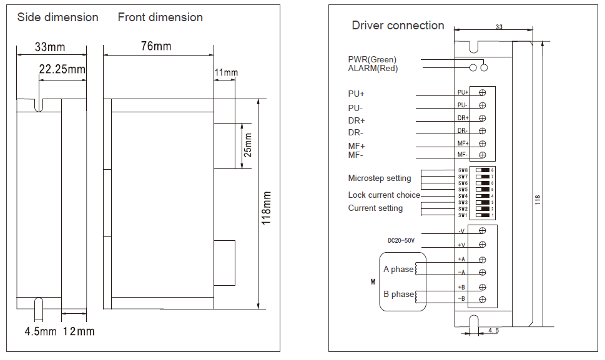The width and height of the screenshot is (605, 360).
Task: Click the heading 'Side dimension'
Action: [x=57, y=17]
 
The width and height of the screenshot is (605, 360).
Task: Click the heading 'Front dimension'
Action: [x=160, y=17]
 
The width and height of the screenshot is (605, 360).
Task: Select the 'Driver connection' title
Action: [x=398, y=26]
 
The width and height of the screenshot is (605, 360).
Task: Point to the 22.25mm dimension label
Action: [x=62, y=69]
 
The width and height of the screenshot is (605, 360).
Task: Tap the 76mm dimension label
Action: [x=156, y=46]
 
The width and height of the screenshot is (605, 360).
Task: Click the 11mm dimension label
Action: [x=226, y=73]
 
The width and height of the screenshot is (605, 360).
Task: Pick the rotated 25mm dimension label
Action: [x=248, y=145]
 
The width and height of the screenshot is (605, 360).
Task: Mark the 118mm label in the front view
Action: [x=267, y=208]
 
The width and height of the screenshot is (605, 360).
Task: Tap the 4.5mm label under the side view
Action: [x=41, y=331]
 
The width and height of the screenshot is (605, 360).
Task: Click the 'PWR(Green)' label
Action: [x=372, y=60]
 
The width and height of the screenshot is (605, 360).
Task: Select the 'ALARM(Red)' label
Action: [x=373, y=69]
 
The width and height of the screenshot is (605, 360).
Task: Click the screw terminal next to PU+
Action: [x=483, y=92]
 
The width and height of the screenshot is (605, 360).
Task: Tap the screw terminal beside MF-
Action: [x=483, y=155]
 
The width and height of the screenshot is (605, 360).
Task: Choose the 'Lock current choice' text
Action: [x=384, y=195]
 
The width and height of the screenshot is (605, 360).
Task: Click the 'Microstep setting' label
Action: [x=380, y=178]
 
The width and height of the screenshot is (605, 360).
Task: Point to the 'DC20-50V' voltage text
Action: [x=401, y=240]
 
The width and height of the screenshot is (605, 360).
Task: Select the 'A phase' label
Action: [x=398, y=270]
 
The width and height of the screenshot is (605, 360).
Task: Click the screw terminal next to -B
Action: [x=483, y=300]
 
